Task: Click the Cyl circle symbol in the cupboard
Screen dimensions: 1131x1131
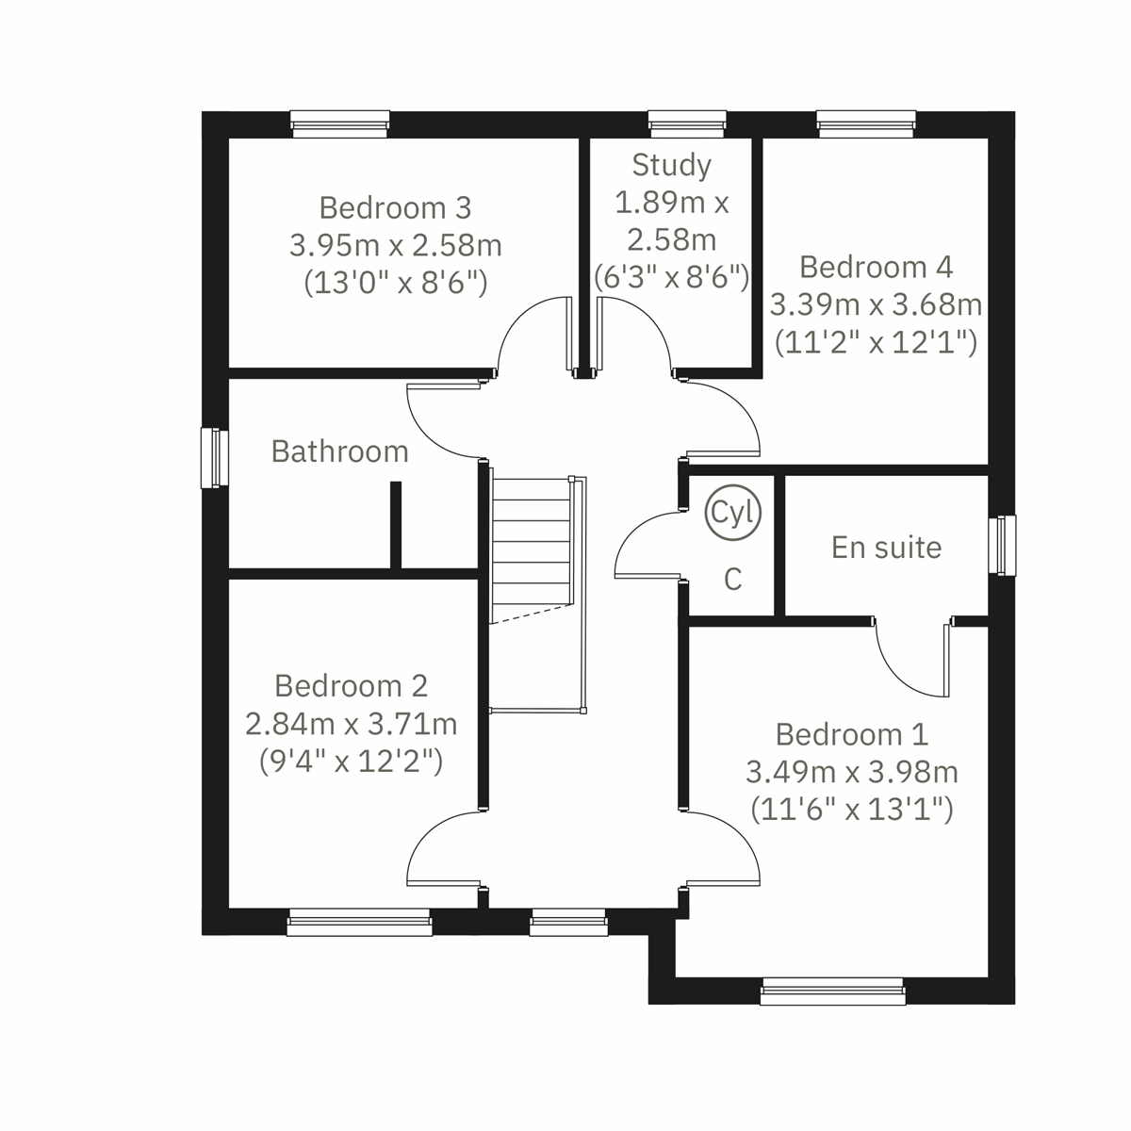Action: (732, 513)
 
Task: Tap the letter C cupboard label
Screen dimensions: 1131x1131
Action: (732, 580)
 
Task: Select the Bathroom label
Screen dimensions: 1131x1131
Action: (339, 451)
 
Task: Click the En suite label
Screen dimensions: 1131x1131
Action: (886, 548)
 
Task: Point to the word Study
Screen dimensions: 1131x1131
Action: (671, 165)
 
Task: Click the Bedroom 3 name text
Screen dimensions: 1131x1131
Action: (395, 207)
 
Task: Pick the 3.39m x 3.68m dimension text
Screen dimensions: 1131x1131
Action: (876, 305)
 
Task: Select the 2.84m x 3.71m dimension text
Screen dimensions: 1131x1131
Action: (351, 724)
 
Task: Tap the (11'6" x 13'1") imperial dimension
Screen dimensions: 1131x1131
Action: (851, 810)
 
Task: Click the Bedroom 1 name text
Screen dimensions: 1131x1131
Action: (851, 734)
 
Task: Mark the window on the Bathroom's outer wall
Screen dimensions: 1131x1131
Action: (215, 458)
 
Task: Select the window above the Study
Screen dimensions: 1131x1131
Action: (687, 123)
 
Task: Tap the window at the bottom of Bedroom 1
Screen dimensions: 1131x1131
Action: (831, 992)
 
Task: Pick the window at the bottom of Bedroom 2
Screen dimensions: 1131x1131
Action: (359, 923)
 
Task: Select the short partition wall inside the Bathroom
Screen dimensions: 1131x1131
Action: (396, 525)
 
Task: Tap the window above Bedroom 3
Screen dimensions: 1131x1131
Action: (339, 123)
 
